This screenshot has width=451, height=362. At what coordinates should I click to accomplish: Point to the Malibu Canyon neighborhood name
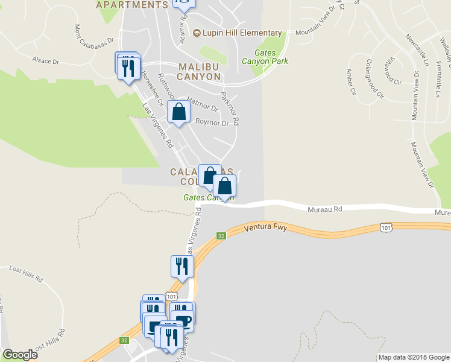198,71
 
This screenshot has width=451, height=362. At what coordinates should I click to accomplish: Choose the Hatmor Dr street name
202,103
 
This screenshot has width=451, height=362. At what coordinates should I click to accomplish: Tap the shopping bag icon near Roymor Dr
179,112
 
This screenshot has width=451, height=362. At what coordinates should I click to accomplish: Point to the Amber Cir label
351,77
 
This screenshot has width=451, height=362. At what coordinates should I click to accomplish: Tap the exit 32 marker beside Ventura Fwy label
221,236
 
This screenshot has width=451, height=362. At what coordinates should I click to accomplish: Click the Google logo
20,355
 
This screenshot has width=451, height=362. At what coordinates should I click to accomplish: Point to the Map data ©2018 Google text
413,357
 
